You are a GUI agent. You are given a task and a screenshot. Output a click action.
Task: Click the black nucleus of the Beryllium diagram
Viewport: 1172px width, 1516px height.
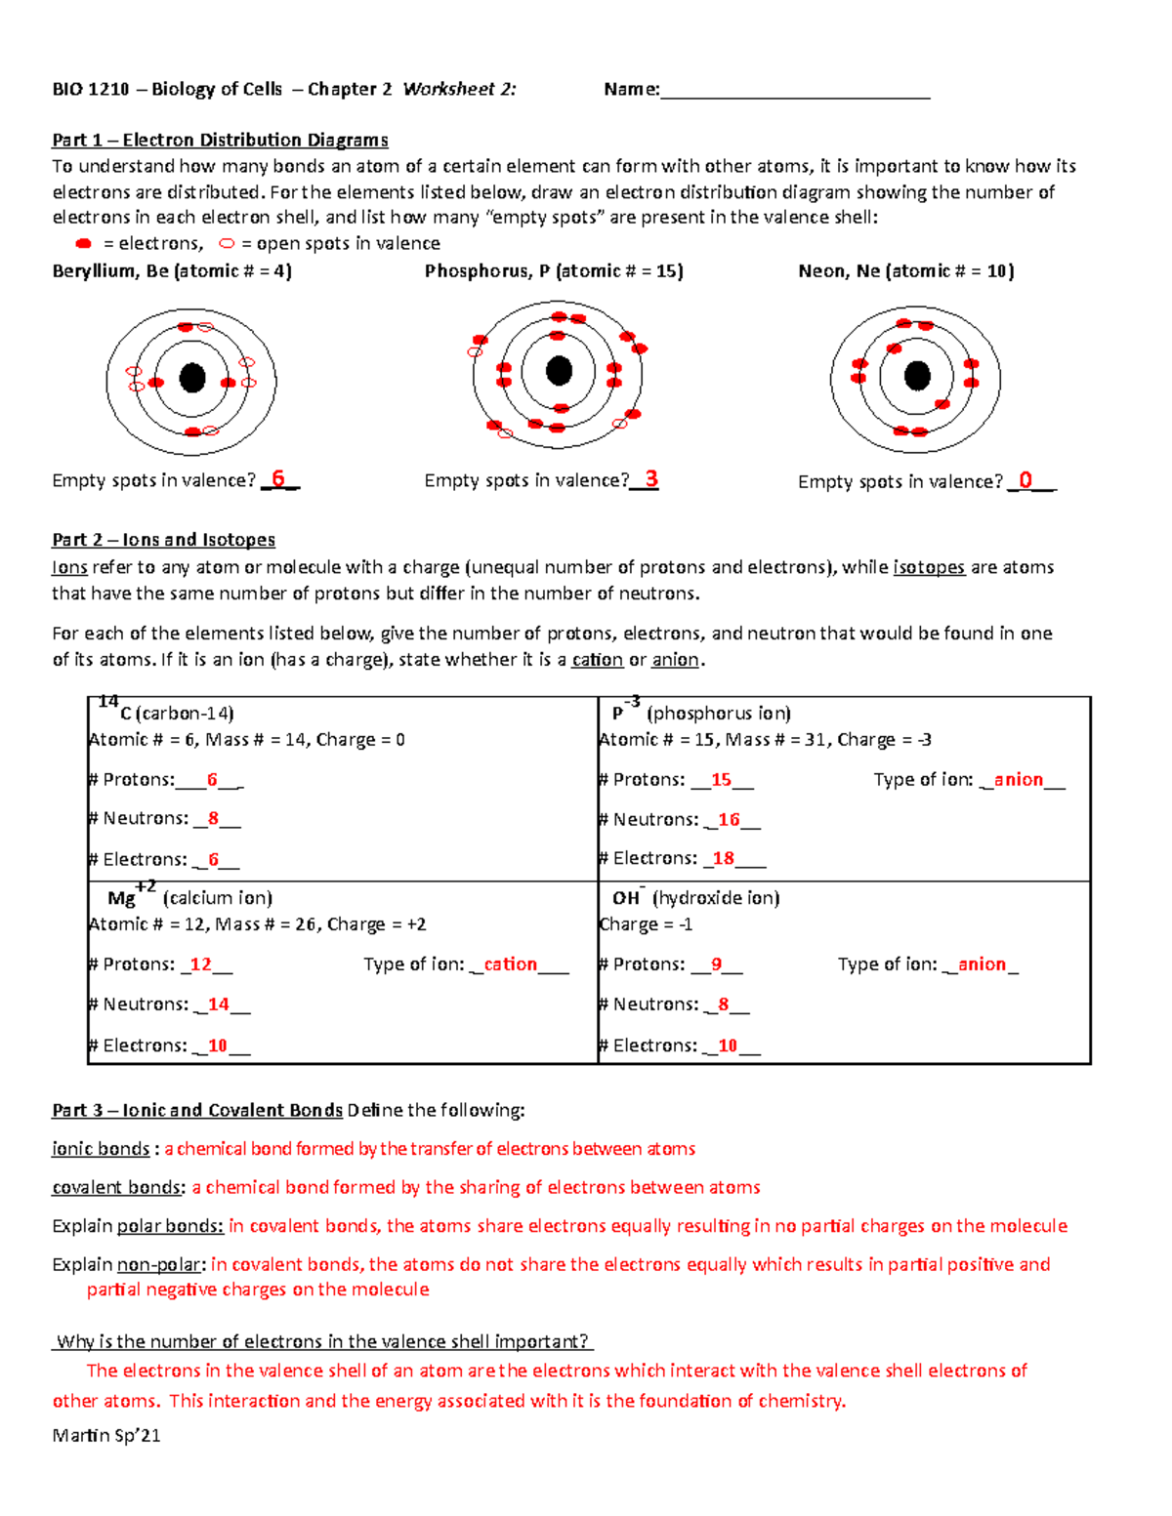192,378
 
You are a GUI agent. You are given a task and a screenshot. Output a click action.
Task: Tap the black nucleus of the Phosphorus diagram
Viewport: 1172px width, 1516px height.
559,371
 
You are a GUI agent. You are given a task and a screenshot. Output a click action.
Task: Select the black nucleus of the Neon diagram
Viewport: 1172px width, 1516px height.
917,375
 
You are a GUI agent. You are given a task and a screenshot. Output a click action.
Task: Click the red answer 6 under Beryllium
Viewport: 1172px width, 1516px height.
278,478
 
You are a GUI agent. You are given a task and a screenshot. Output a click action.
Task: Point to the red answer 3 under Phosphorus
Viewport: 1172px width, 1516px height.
651,479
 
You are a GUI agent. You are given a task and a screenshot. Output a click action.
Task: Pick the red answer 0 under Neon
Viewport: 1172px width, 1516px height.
1025,480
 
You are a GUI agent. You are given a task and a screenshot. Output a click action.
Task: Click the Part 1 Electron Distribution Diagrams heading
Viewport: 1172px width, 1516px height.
220,141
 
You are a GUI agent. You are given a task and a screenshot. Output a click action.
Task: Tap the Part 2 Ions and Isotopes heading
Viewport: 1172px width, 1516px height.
163,540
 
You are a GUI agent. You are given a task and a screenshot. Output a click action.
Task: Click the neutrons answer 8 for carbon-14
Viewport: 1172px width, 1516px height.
213,819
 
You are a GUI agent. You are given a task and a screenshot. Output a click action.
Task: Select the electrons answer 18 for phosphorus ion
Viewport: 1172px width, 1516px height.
723,859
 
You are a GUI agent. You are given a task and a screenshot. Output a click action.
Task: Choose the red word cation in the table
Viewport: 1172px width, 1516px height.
510,964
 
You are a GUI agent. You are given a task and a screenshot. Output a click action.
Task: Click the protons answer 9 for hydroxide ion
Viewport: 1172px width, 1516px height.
716,964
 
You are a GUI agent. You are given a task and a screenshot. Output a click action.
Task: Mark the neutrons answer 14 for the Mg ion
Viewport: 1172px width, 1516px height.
219,1004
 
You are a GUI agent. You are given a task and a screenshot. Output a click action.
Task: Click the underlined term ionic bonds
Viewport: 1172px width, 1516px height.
101,1149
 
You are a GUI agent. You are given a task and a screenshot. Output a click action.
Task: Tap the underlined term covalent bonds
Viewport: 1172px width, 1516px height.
117,1188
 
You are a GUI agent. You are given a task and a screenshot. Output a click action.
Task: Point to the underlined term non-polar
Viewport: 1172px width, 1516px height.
160,1265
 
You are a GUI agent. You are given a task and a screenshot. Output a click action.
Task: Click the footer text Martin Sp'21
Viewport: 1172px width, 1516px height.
105,1435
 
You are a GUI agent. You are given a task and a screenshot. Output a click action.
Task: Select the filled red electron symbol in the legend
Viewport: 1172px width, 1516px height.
83,243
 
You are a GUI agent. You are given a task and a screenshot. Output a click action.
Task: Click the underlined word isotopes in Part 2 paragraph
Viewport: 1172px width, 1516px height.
929,567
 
